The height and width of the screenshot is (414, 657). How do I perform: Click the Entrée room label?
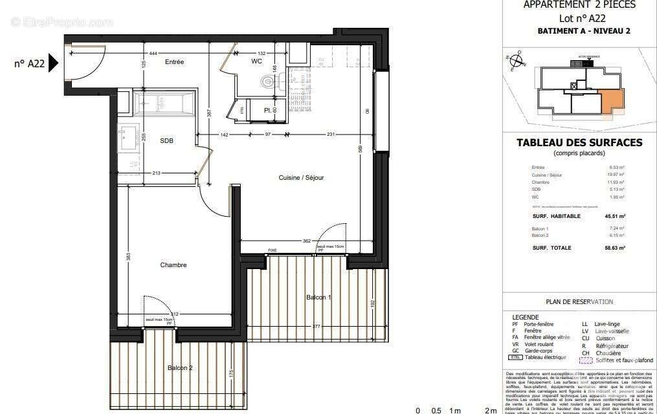[x=174, y=62]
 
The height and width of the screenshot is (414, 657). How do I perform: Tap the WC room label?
[x=257, y=62]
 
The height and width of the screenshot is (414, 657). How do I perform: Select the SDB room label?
[x=167, y=140]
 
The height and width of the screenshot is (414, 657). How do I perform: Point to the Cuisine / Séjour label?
[x=301, y=177]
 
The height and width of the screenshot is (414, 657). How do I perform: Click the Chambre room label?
[x=173, y=265]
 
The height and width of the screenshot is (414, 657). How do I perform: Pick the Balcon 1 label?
[x=318, y=297]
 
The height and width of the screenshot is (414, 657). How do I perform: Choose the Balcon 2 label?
[x=180, y=367]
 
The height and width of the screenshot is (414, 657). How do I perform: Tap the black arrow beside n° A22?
[x=52, y=63]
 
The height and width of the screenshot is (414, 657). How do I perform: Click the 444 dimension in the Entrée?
[x=153, y=53]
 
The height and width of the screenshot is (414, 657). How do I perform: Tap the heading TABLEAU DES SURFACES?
[x=579, y=142]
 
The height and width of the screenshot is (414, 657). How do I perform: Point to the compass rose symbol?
[x=517, y=61]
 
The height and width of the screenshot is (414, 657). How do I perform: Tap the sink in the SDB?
[x=125, y=136]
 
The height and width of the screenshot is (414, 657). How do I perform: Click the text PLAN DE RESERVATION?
[x=579, y=301]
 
